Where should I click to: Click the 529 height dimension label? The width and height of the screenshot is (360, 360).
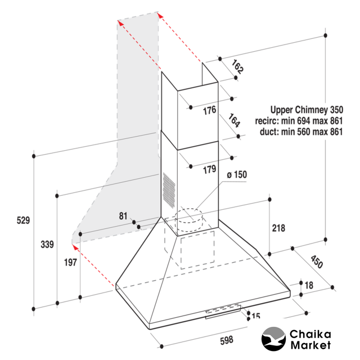click(23, 220)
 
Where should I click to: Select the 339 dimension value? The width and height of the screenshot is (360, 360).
click(47, 244)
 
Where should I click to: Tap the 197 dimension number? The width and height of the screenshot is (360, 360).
click(70, 263)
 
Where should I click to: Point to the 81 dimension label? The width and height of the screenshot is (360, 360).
click(123, 216)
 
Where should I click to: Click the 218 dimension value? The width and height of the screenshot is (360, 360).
click(278, 228)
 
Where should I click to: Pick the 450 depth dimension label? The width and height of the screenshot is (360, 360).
click(317, 262)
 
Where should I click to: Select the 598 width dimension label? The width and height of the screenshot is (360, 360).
click(227, 340)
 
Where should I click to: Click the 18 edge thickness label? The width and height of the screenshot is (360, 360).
click(309, 285)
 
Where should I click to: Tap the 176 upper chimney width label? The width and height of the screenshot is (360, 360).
click(210, 110)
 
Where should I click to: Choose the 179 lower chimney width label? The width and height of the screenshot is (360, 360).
click(210, 169)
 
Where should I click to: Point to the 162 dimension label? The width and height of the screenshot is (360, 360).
click(237, 67)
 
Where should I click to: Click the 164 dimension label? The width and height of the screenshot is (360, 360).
click(234, 120)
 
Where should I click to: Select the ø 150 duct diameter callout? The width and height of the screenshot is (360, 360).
click(237, 175)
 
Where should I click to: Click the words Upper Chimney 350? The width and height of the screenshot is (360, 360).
click(307, 110)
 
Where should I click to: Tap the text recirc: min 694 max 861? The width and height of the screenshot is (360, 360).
click(299, 121)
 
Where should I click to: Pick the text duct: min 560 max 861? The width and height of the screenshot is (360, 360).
click(301, 132)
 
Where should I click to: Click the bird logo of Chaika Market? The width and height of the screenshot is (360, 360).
click(273, 339)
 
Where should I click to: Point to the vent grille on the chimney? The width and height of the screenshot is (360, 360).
click(169, 190)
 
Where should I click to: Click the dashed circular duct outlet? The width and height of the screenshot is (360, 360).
click(189, 220)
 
